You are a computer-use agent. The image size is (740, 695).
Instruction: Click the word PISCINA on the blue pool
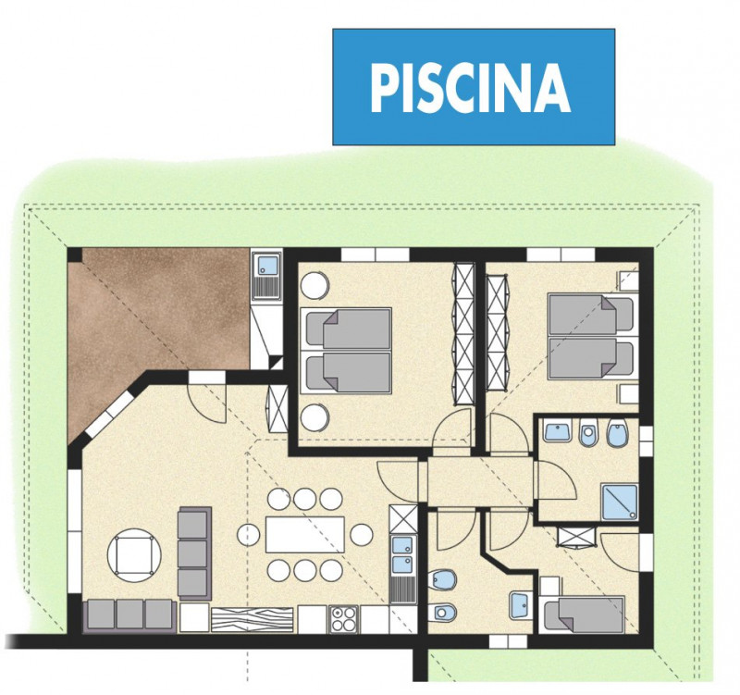(471, 88)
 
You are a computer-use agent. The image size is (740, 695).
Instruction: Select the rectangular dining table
(305, 535)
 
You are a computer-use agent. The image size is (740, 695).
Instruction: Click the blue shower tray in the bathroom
(620, 502)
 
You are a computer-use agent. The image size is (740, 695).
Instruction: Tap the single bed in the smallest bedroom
(584, 614)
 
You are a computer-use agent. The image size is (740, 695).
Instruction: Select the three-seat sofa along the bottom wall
(129, 615)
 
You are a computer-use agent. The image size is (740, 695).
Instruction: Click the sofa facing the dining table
(194, 553)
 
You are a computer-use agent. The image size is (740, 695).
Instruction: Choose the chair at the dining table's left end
(248, 535)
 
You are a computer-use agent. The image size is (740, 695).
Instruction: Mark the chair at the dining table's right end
(362, 535)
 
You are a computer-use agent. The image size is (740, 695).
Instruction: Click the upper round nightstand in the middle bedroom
(314, 284)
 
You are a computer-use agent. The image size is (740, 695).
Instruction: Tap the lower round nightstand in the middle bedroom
(314, 418)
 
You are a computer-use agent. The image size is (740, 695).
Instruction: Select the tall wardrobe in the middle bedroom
(463, 334)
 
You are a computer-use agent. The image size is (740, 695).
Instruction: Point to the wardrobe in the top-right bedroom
(498, 332)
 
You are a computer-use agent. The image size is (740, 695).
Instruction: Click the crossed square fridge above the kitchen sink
(403, 519)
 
